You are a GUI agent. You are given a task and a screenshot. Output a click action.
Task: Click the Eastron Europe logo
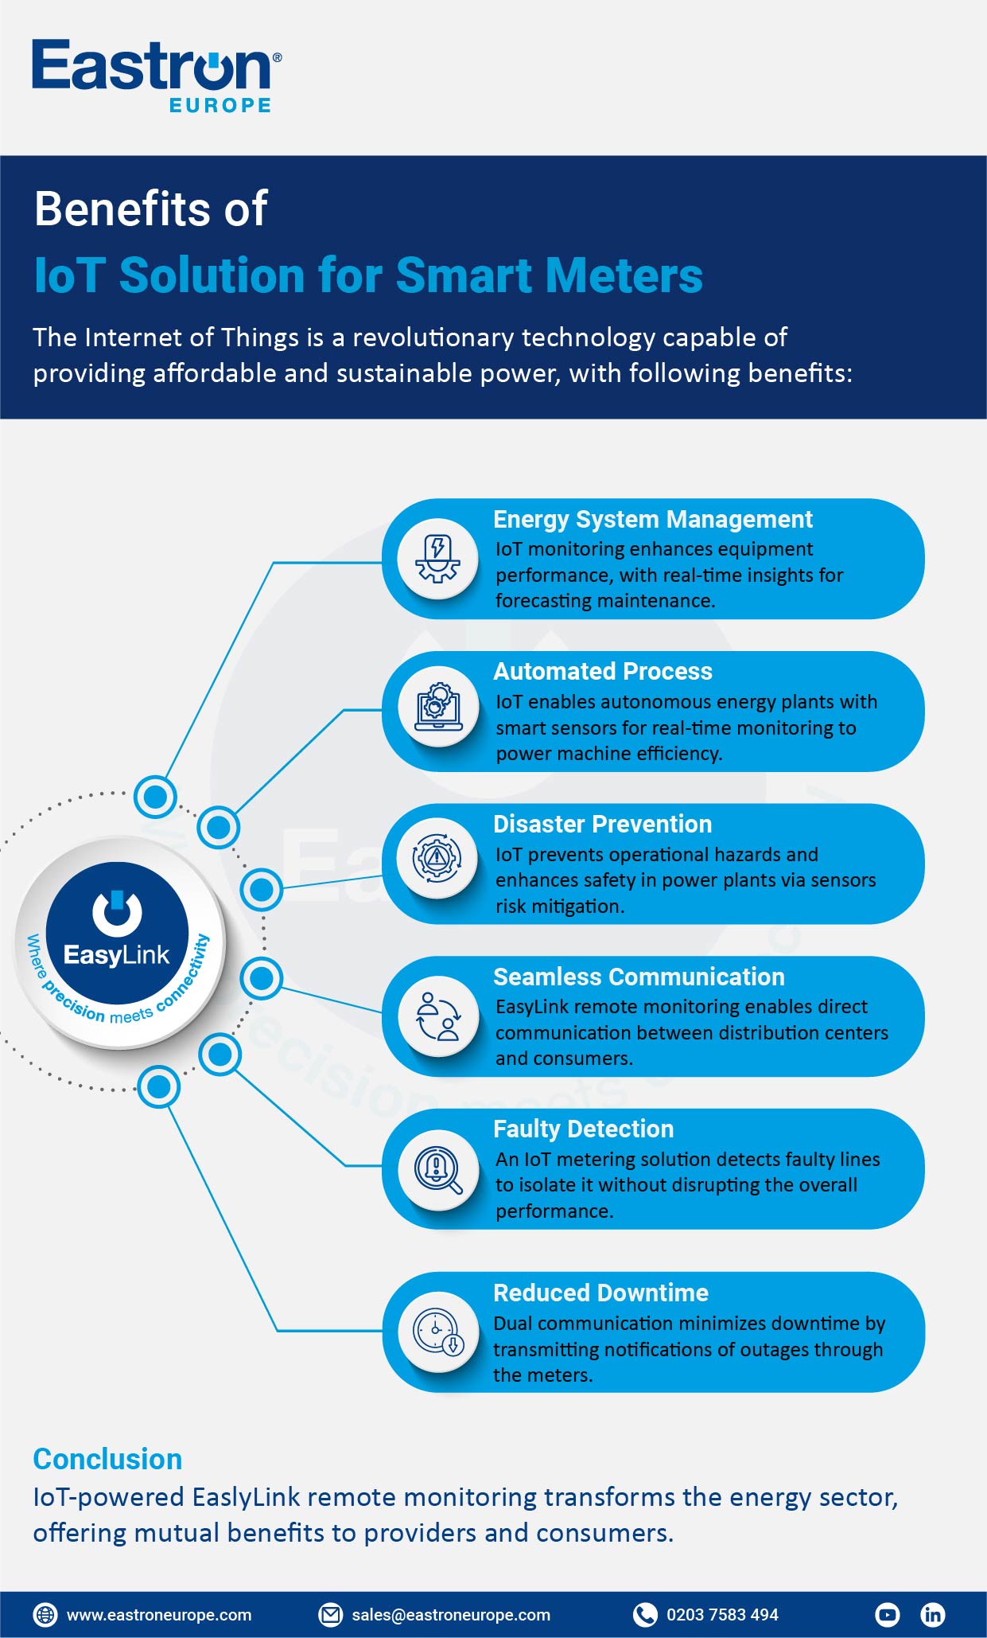(157, 76)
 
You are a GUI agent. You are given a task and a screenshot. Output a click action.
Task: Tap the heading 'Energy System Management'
(652, 520)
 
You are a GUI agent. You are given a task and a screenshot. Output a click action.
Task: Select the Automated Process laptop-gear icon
(438, 707)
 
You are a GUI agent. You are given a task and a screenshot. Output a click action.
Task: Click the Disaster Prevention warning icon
(437, 858)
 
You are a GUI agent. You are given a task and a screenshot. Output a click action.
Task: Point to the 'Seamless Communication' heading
(639, 977)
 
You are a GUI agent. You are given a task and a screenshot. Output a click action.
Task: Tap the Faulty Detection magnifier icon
(438, 1170)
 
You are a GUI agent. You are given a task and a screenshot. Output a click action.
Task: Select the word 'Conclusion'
(107, 1459)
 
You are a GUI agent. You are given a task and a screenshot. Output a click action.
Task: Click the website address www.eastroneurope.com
(159, 1615)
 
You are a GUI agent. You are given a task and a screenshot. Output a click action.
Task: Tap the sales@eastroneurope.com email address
(451, 1615)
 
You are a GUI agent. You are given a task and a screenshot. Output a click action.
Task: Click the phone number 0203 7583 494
(722, 1615)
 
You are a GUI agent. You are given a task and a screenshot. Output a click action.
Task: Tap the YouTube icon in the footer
(887, 1614)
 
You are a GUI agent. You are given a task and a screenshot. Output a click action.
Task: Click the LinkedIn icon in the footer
(932, 1614)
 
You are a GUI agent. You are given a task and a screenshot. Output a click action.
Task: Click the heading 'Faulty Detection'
(583, 1129)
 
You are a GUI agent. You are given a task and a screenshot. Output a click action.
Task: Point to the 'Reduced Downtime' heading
(600, 1293)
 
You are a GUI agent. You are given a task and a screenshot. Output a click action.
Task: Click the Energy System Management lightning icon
(437, 559)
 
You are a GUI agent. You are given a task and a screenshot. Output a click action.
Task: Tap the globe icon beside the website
(45, 1615)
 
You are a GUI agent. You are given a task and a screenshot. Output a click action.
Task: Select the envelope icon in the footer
(330, 1615)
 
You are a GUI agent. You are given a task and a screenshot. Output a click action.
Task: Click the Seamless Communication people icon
(438, 1017)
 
